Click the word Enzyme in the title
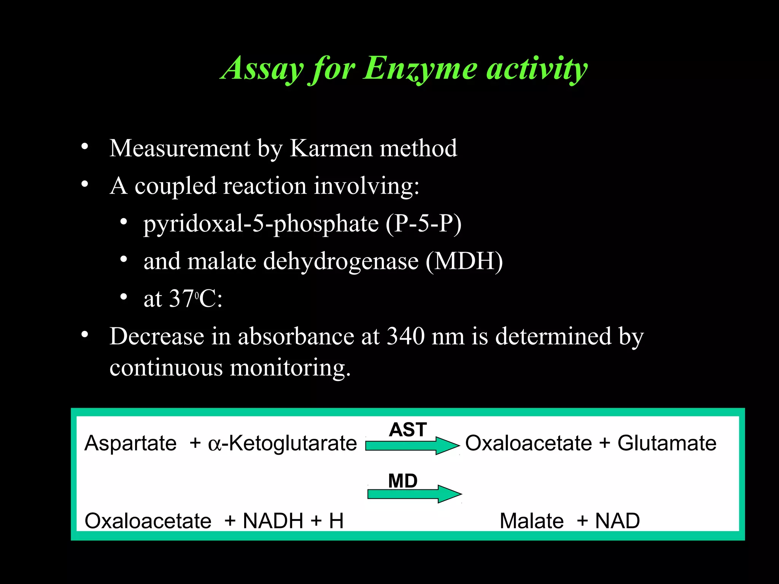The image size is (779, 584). coord(420,68)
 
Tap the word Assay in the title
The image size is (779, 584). coord(262,68)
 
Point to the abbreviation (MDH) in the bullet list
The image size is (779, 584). coord(464,261)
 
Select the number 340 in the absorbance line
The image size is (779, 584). coord(405,336)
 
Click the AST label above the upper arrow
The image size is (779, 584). coord(408,430)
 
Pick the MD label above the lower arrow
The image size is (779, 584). coord(403,481)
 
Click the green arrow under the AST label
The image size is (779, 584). coord(412,445)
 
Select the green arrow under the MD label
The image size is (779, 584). coord(414,494)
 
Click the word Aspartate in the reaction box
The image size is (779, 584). coord(130,443)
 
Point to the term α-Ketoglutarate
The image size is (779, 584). coord(282,443)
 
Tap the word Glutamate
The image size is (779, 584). coord(667,443)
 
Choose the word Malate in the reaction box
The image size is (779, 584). coord(531,521)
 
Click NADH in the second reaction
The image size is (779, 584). coord(273,521)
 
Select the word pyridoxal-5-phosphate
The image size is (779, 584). coord(261,223)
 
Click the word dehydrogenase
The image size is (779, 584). coord(341,261)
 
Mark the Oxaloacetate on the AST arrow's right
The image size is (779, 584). coord(529,443)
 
